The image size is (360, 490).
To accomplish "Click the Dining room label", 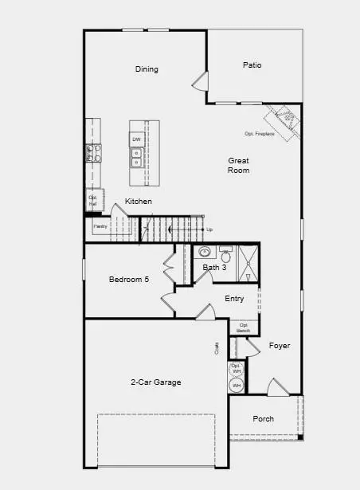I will point(147,69).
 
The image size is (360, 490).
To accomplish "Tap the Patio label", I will point(252,65).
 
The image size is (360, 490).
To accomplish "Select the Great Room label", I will point(239,166).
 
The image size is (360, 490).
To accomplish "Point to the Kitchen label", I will point(139,202).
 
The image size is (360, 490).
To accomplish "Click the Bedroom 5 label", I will point(129,280).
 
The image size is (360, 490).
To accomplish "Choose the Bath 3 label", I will point(213,268).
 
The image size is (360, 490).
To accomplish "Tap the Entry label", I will point(234,299).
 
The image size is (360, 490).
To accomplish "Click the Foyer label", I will point(279,346).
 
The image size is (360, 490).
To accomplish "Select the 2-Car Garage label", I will point(155,382).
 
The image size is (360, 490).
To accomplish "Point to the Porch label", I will point(264,419).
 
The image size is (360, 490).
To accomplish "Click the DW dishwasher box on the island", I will point(136,140).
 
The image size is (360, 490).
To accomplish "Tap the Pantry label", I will point(100,227).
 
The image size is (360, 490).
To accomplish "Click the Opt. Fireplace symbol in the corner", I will point(286,121).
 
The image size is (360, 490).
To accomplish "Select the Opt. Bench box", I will point(244,327).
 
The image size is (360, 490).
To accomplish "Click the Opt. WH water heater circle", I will point(236,369).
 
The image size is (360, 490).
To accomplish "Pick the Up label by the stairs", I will point(209,229).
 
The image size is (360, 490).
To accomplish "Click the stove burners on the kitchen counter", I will point(93,152).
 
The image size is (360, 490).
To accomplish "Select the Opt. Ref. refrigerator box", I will point(93,200).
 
